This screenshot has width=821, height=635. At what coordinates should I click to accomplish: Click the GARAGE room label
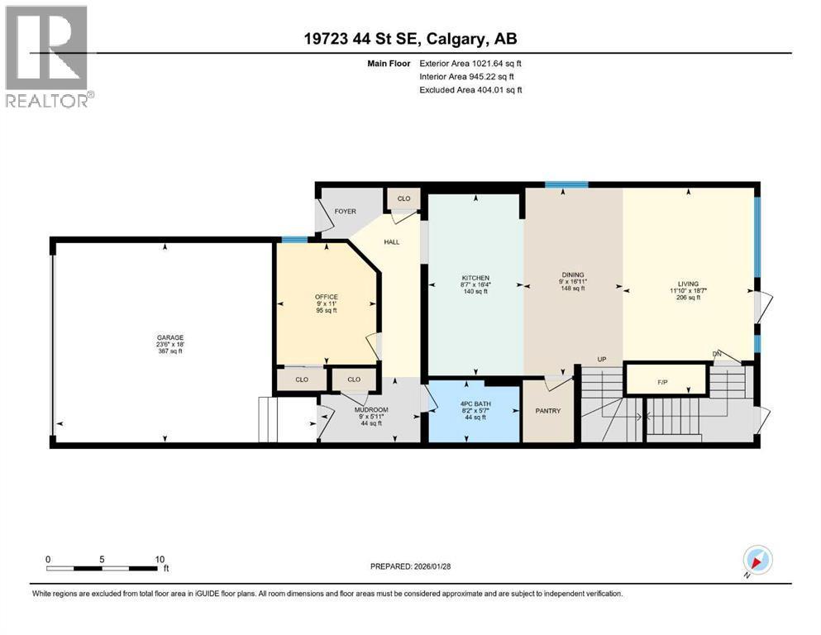coord(170,337)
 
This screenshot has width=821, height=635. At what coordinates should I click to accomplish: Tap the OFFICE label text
coord(327,297)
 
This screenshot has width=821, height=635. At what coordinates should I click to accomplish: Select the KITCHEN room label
coord(475,278)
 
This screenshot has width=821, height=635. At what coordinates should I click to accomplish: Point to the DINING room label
coord(573,275)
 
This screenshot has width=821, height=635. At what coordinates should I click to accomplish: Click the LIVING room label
coord(688,284)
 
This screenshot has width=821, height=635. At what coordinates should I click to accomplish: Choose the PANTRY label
coord(547,411)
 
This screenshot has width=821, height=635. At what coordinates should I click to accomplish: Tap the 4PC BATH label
coord(475,404)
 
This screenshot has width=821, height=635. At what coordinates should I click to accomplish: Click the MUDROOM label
coord(371,410)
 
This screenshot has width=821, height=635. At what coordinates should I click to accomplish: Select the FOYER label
coord(345,212)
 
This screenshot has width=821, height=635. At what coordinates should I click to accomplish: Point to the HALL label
coord(392,242)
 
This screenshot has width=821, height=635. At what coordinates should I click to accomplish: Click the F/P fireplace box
coord(666,379)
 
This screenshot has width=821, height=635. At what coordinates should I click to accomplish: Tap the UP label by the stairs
coord(602,359)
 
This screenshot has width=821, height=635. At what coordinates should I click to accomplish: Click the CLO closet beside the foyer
coord(403,198)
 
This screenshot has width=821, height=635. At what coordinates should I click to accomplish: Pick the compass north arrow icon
coord(757,561)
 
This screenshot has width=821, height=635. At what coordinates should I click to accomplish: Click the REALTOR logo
coord(49,56)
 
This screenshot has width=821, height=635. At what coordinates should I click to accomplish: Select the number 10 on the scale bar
coord(160,559)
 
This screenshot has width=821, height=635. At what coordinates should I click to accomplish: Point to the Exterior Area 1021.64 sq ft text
coord(470,64)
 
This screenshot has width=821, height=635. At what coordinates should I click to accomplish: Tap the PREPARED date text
coord(410,566)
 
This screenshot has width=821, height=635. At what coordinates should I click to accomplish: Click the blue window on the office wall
coord(295,241)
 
